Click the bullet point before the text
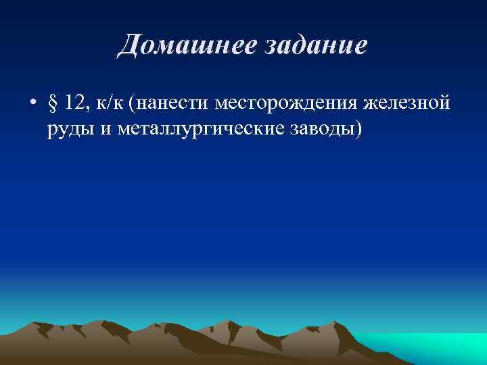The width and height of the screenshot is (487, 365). pyautogui.click(x=32, y=105)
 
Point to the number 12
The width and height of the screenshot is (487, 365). pyautogui.click(x=76, y=104)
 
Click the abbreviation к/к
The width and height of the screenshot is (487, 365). pyautogui.click(x=112, y=105)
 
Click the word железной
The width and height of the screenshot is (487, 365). pyautogui.click(x=407, y=105)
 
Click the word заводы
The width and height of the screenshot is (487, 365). pyautogui.click(x=325, y=129)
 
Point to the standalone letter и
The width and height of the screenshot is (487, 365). pyautogui.click(x=105, y=129)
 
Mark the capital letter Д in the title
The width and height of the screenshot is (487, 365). pyautogui.click(x=128, y=46)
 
